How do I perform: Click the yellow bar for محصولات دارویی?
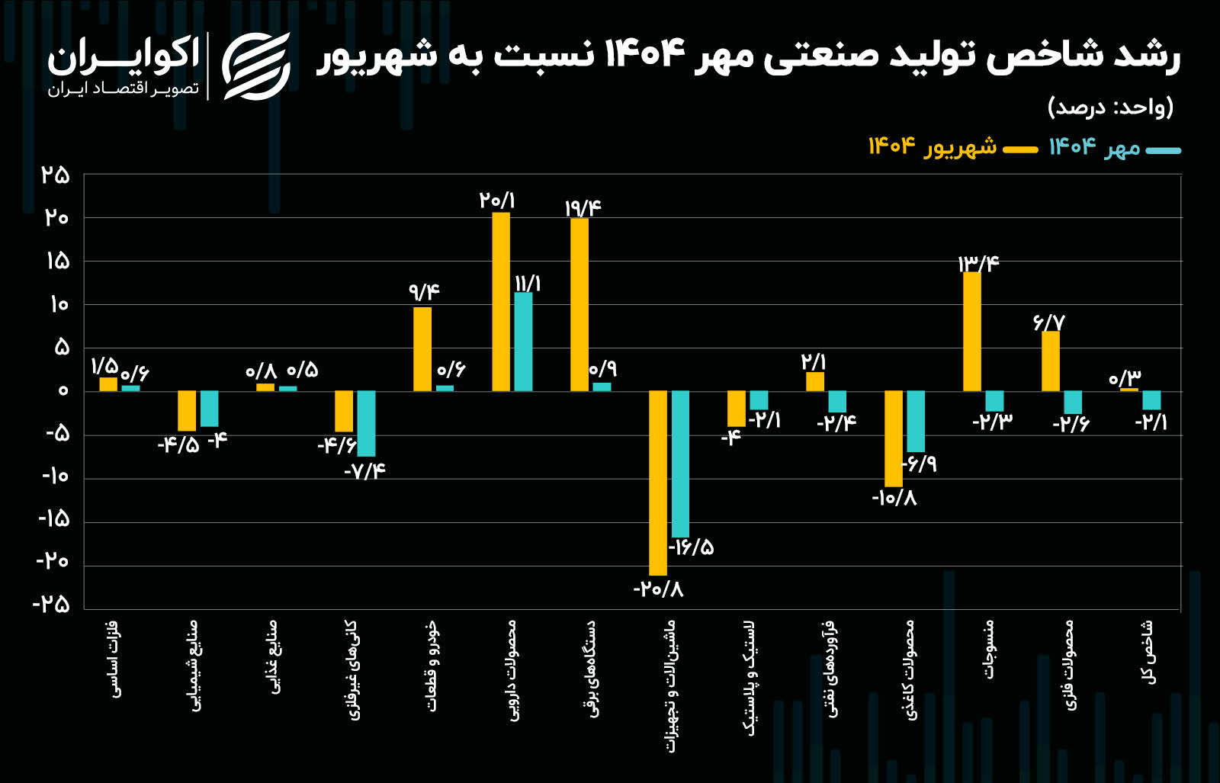[501, 302]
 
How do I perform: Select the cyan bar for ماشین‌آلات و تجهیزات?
[680, 464]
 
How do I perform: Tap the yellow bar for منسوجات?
[972, 331]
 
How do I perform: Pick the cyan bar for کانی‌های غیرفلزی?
[366, 423]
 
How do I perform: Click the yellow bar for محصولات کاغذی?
[894, 438]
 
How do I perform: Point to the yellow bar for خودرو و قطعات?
[422, 349]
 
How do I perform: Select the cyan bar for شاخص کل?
[1151, 400]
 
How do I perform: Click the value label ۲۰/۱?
[497, 201]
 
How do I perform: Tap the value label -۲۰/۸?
[658, 589]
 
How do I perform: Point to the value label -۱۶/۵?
[692, 547]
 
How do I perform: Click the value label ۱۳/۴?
[978, 264]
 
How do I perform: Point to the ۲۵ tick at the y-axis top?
[55, 175]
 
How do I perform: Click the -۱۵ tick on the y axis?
[53, 519]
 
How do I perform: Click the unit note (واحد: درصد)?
[1110, 107]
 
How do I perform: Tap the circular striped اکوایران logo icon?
[256, 67]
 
